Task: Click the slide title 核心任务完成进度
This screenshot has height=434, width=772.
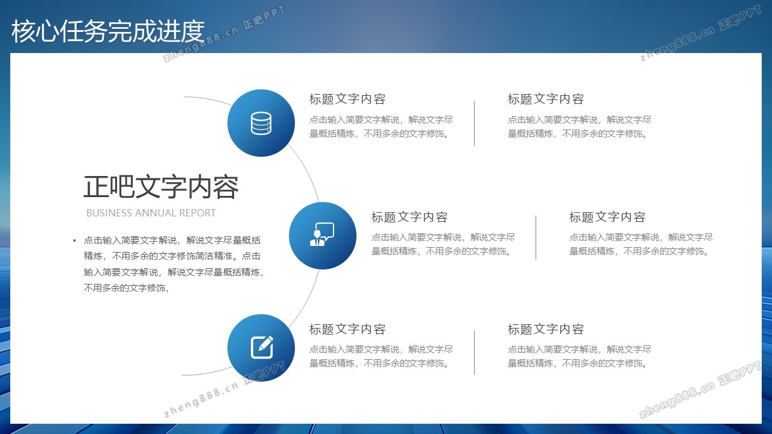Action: click(108, 31)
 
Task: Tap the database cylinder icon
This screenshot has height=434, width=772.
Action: click(261, 123)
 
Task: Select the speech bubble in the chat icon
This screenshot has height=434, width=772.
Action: click(325, 230)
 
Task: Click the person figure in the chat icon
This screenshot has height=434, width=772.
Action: click(317, 238)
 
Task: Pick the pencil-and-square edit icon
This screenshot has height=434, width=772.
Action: click(262, 348)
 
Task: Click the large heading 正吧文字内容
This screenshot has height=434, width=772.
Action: click(161, 187)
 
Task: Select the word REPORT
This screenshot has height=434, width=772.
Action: click(197, 213)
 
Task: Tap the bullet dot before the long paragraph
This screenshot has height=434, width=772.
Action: click(74, 241)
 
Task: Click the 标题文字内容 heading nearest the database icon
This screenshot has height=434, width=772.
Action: click(347, 99)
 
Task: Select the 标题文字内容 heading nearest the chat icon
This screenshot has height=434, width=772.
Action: click(409, 217)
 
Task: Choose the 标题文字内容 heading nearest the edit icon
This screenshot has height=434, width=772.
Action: click(347, 329)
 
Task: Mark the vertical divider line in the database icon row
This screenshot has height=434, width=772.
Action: click(474, 123)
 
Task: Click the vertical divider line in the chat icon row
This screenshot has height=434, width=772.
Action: click(536, 237)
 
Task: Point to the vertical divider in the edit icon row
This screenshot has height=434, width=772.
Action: click(474, 353)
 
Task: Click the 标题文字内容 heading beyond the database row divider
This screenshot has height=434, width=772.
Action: click(546, 99)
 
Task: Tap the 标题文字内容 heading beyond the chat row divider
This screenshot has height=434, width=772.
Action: click(607, 217)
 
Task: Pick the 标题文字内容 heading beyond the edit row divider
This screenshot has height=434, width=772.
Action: click(546, 329)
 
